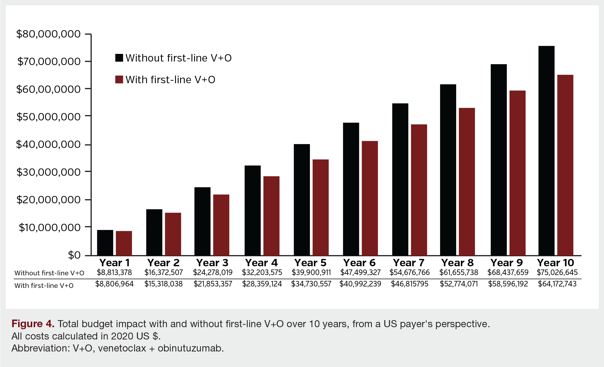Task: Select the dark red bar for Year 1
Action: (x=124, y=243)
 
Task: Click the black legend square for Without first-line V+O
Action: (x=119, y=58)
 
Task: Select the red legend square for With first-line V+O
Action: (x=119, y=79)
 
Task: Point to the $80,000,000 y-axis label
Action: (x=48, y=34)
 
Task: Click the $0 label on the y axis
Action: (x=74, y=255)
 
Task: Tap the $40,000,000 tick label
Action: (x=48, y=144)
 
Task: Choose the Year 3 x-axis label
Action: (x=212, y=263)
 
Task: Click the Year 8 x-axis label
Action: (x=457, y=263)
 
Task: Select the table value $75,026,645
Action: (x=557, y=273)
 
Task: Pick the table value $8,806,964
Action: (x=114, y=284)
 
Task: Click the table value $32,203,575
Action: (x=262, y=273)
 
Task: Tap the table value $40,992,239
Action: (x=360, y=284)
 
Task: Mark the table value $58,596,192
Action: (x=508, y=284)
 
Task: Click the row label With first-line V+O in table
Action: (x=44, y=286)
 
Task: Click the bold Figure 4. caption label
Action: (x=33, y=324)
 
